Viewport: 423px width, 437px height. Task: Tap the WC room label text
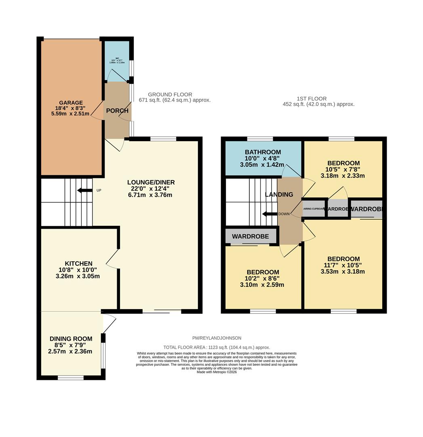(117, 58)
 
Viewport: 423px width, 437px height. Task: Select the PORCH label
(117, 110)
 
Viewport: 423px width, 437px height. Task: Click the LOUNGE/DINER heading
(151, 182)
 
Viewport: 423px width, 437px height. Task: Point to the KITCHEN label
(79, 263)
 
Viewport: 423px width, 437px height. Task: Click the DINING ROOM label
(71, 339)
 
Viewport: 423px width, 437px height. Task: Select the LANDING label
(279, 195)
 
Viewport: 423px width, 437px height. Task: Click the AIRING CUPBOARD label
(314, 209)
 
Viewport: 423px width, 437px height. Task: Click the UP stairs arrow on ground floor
(85, 190)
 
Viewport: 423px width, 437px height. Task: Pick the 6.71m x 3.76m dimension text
(151, 195)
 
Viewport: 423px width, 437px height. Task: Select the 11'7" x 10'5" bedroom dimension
(343, 265)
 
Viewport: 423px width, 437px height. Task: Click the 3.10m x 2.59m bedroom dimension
(262, 284)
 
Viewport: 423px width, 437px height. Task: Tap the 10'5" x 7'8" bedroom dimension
(343, 170)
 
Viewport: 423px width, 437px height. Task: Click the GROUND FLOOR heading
(170, 94)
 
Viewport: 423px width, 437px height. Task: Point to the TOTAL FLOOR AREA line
(217, 347)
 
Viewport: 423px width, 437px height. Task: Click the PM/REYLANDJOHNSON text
(217, 338)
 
